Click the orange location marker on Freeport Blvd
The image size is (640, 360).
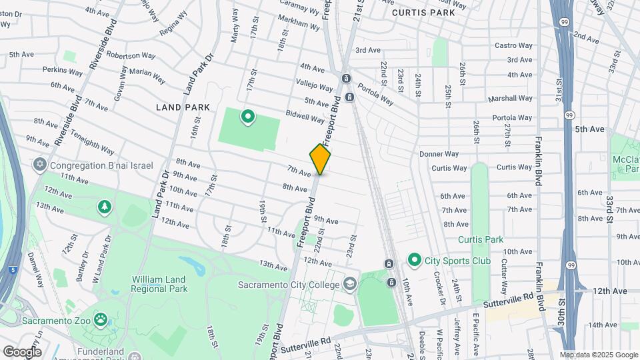pyautogui.click(x=320, y=159)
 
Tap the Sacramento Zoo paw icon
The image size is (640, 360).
pyautogui.click(x=101, y=321)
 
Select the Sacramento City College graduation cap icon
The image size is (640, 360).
pyautogui.click(x=349, y=285)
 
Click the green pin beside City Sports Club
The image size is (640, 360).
pyautogui.click(x=414, y=260)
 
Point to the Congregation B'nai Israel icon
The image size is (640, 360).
pyautogui.click(x=40, y=165)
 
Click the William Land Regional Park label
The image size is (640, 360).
pyautogui.click(x=159, y=283)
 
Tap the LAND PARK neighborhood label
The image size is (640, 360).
pyautogui.click(x=183, y=107)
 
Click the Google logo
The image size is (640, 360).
pyautogui.click(x=22, y=351)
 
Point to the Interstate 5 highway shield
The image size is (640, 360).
pyautogui.click(x=14, y=270)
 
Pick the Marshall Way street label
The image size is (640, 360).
pyautogui.click(x=510, y=97)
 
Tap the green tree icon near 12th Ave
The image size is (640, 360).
pyautogui.click(x=104, y=207)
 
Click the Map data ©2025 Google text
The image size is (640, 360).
pyautogui.click(x=598, y=355)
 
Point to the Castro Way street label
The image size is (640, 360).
pyautogui.click(x=513, y=45)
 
